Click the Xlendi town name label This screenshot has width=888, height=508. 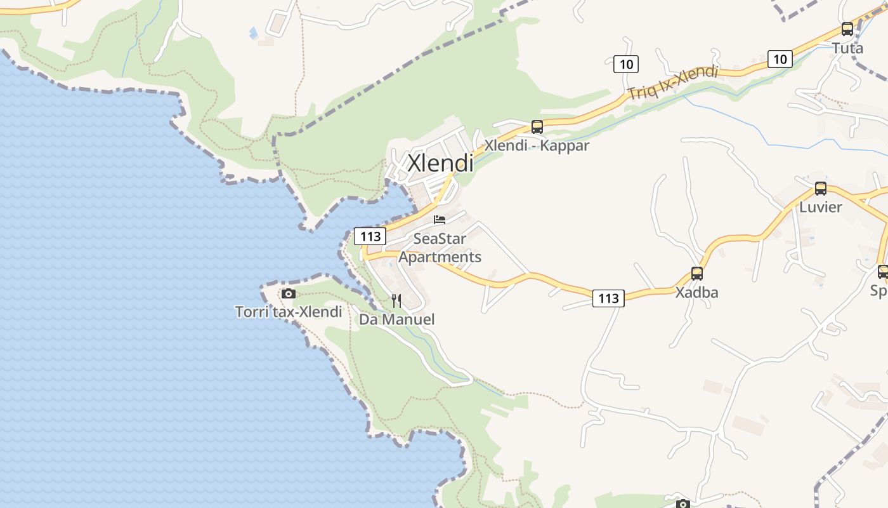[440, 163]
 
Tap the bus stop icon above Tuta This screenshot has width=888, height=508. [847, 29]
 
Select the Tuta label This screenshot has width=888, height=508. [847, 48]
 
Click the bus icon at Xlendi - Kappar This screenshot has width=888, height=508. [537, 127]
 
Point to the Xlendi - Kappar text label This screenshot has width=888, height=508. [537, 145]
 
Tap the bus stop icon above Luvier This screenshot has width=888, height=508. [820, 189]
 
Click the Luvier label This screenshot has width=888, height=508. [820, 207]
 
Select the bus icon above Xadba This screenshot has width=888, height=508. [696, 274]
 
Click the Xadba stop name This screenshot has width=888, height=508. [696, 293]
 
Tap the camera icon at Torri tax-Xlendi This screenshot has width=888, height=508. [288, 293]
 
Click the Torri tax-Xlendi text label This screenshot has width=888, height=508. [289, 312]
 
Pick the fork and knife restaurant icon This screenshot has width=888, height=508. [396, 300]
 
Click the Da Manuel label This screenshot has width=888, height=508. [397, 319]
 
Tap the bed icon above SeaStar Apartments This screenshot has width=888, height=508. [439, 220]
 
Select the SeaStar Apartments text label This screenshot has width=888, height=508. [440, 248]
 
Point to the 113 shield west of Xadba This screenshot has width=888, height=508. [608, 298]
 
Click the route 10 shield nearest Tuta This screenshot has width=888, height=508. [780, 59]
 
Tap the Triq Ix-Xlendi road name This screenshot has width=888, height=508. [672, 83]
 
